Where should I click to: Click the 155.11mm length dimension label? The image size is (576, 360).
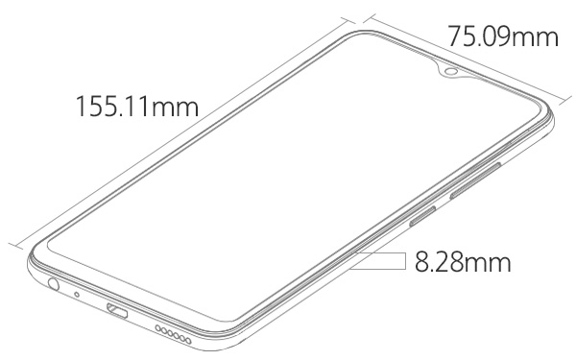click(137, 107)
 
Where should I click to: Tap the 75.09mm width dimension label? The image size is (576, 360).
click(503, 36)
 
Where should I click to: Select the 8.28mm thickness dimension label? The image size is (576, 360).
click(463, 261)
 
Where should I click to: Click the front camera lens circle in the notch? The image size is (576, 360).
click(450, 71)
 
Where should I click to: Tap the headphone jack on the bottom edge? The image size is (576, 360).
click(53, 284)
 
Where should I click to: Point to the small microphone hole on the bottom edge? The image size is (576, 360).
click(77, 294)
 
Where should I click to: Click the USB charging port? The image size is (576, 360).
click(117, 311)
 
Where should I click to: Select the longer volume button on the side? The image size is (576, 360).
click(475, 180)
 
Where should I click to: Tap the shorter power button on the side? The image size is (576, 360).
click(422, 215)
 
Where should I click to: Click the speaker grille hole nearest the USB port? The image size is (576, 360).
click(158, 328)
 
